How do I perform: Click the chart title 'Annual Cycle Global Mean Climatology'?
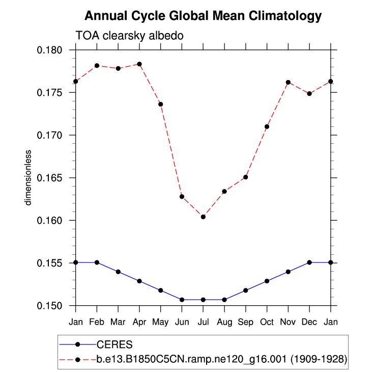pos(203,16)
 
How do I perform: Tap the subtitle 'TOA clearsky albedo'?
pos(129,36)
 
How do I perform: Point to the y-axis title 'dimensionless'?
pos(29,177)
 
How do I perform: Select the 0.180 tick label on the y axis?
pos(51,50)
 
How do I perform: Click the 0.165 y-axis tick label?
pos(51,178)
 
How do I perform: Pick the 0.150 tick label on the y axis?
pos(51,306)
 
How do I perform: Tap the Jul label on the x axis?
pos(203,322)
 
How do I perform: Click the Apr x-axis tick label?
pos(139,322)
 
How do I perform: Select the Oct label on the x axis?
pos(267,322)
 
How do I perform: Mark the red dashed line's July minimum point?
pos(203,217)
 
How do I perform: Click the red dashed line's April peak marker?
pos(139,64)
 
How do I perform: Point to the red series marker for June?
pos(182,196)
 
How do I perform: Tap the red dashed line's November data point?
pos(288,82)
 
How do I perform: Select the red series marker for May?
pos(161,104)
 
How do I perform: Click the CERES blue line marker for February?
pos(97,262)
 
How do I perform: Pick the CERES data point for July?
pos(203,300)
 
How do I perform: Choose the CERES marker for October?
pos(267,281)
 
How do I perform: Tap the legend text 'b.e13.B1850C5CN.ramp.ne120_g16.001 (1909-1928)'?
pos(222,359)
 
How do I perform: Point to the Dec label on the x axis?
pos(309,322)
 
